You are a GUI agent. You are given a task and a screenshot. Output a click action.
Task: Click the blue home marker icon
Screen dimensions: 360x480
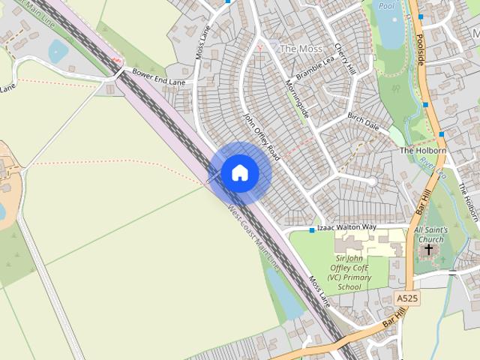pos(239,173)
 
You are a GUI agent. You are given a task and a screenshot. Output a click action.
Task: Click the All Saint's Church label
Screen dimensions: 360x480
pos(430,234)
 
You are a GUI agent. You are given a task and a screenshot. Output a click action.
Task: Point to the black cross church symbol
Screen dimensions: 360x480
pos(428,249)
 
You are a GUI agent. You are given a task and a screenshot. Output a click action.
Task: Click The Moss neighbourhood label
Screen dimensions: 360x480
pos(300,48)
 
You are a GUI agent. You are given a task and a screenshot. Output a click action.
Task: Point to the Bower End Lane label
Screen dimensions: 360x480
pos(157,76)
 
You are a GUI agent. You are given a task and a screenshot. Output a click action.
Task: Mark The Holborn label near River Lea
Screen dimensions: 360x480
pos(423,150)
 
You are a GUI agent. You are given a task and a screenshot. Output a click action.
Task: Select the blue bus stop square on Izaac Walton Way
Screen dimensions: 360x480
pos(312,229)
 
